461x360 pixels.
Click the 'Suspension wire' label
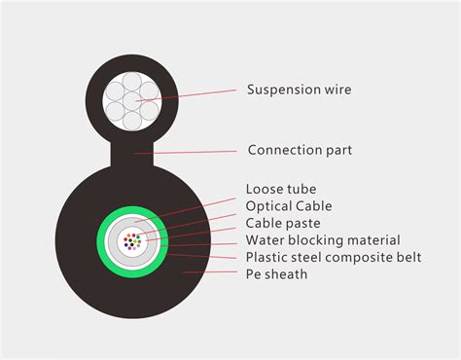[x=299, y=90]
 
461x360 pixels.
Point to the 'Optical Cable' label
[x=289, y=206]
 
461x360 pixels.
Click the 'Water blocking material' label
[x=323, y=240]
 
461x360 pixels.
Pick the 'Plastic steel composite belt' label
[x=335, y=257]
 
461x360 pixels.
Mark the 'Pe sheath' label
[x=276, y=274]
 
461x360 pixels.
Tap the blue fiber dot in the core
[x=136, y=235]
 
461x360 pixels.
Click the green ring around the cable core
[x=101, y=238]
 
